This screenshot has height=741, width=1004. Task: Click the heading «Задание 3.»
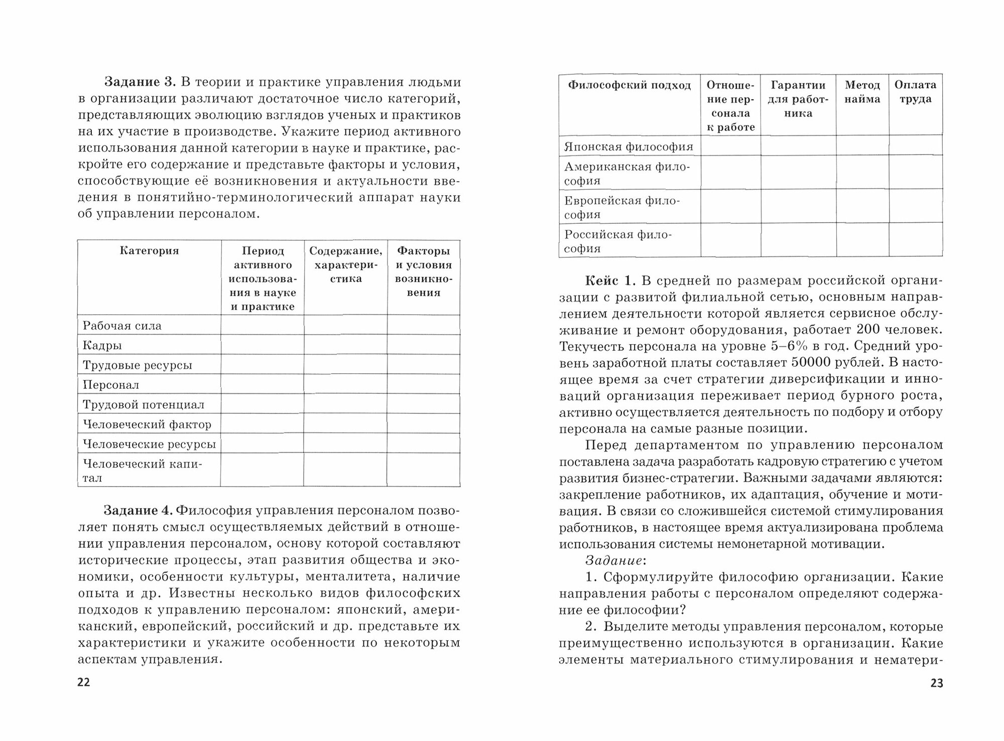(x=139, y=82)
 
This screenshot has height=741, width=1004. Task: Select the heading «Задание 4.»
(x=138, y=511)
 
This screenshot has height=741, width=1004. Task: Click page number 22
(x=83, y=682)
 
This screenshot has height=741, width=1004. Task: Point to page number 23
(x=936, y=683)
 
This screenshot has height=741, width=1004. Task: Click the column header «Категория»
(x=149, y=251)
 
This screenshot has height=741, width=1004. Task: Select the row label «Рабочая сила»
(x=122, y=326)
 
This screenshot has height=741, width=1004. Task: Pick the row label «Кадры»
(x=102, y=345)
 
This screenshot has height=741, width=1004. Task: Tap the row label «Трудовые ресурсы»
(x=137, y=365)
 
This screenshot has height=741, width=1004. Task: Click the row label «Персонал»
(x=111, y=385)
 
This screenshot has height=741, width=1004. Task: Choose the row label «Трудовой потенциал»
(x=144, y=404)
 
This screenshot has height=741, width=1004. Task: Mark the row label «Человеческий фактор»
(x=147, y=424)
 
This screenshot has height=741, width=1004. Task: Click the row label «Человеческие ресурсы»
(x=149, y=444)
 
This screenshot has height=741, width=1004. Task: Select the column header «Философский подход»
(x=630, y=85)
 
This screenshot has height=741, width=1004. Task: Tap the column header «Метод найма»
(x=862, y=92)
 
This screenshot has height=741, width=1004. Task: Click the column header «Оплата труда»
(x=915, y=92)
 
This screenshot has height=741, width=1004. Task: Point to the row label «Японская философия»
(x=629, y=146)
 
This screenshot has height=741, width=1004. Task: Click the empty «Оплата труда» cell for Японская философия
(x=915, y=145)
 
